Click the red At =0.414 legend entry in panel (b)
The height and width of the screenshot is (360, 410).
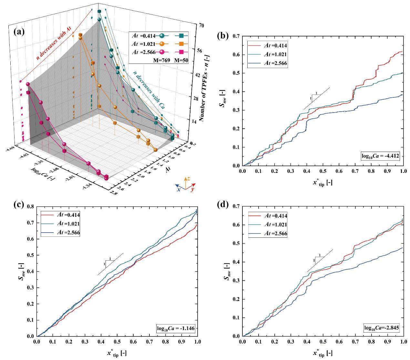[x=267, y=45]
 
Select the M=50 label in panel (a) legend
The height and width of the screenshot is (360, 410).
[x=181, y=60]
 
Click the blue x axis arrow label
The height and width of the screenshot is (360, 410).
[x=178, y=189]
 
